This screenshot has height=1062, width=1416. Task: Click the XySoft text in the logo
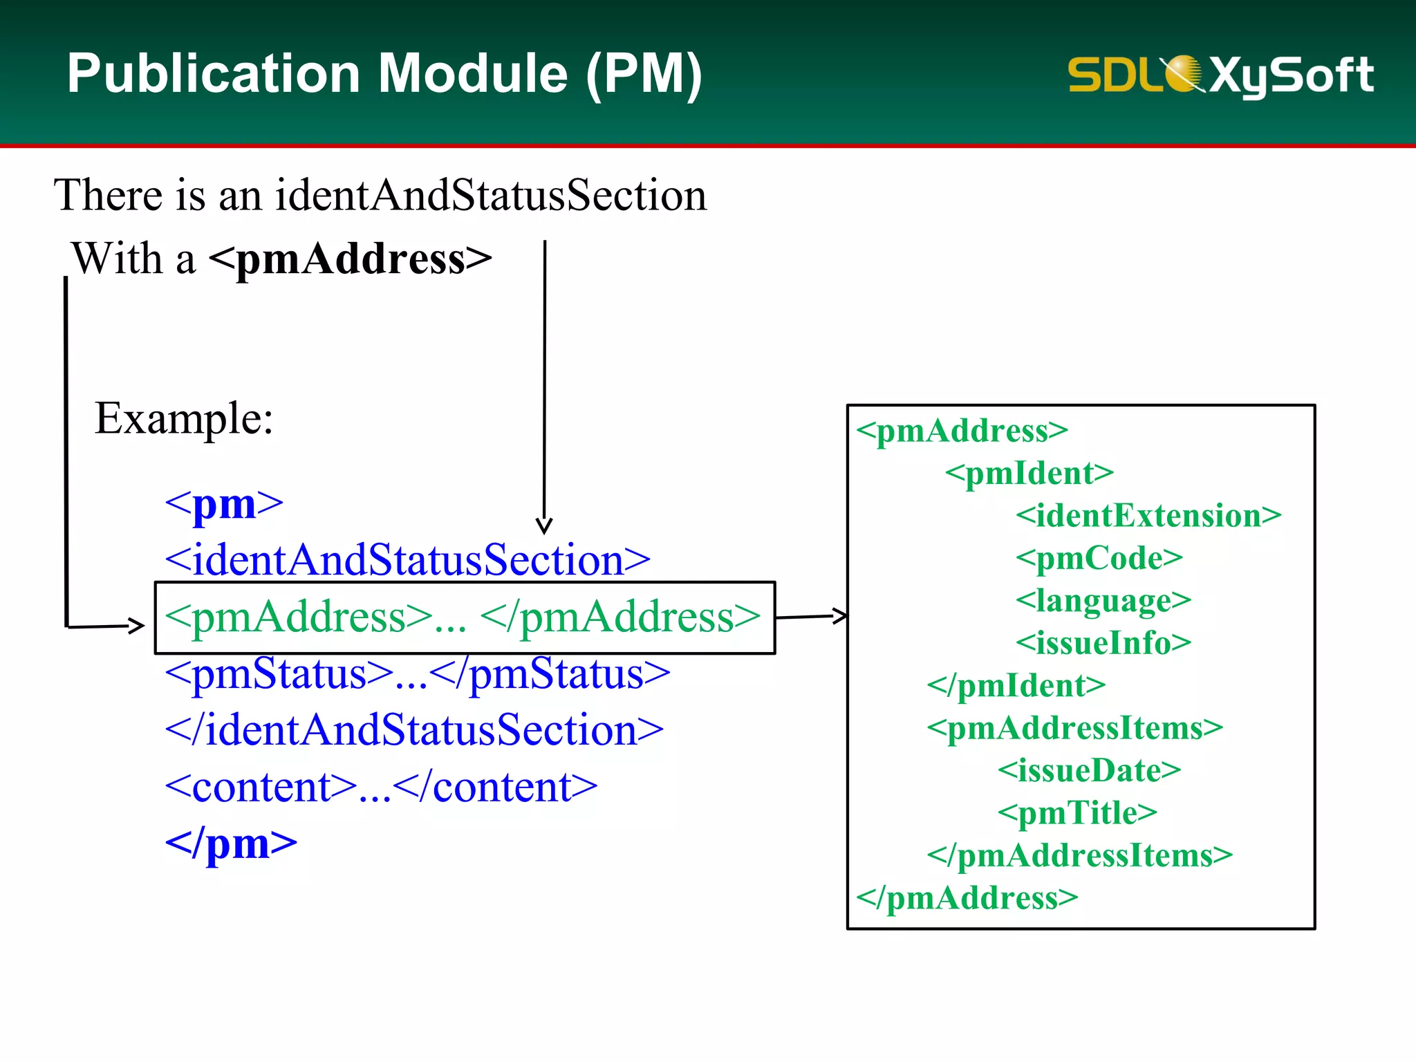1291,75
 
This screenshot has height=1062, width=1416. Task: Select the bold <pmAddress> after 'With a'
350,259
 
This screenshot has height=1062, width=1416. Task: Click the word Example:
184,418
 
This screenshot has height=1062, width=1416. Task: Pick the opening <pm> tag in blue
224,504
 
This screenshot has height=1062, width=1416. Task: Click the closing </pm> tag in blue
231,844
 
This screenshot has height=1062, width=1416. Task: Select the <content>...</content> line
381,787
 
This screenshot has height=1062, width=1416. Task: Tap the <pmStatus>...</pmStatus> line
417,673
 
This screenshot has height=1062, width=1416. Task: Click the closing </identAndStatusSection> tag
413,730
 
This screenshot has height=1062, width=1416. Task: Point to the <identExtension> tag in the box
1148,516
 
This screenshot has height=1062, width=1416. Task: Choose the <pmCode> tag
1099,558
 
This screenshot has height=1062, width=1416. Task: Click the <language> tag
1103,601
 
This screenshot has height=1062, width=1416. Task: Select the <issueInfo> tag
1103,643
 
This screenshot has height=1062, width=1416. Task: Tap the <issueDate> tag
1089,770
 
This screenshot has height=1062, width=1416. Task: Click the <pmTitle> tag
1077,813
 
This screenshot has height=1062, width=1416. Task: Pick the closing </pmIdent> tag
1016,686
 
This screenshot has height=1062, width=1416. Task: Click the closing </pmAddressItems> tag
1079,856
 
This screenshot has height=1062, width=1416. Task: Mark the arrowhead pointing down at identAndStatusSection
544,527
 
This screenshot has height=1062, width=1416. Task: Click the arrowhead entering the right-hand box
840,615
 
